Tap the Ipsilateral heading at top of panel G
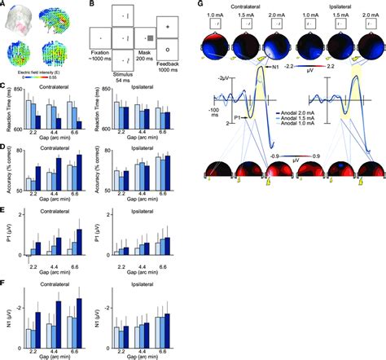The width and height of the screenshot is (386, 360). pos(341,5)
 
